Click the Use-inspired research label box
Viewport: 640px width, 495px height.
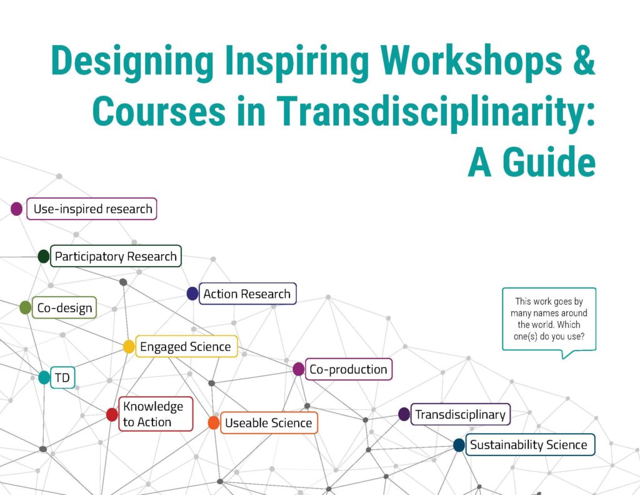pyautogui.click(x=92, y=209)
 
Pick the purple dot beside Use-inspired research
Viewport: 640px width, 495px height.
pyautogui.click(x=17, y=209)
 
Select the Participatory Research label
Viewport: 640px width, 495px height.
pyautogui.click(x=116, y=257)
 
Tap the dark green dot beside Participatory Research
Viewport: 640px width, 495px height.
pyautogui.click(x=44, y=256)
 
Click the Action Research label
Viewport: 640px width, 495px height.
pyautogui.click(x=247, y=293)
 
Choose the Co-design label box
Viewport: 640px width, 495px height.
pyautogui.click(x=64, y=307)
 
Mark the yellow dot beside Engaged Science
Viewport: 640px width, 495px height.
pyautogui.click(x=129, y=347)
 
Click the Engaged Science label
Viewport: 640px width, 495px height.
pyautogui.click(x=186, y=347)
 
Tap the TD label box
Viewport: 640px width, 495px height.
pyautogui.click(x=62, y=377)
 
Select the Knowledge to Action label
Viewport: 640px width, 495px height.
pyautogui.click(x=155, y=414)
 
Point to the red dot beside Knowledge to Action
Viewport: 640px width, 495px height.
pyautogui.click(x=112, y=414)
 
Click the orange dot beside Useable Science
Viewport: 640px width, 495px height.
pyautogui.click(x=214, y=423)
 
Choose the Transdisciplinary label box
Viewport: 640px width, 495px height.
pyautogui.click(x=460, y=414)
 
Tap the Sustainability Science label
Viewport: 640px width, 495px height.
pyautogui.click(x=529, y=445)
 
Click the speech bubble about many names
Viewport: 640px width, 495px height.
pyautogui.click(x=549, y=320)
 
